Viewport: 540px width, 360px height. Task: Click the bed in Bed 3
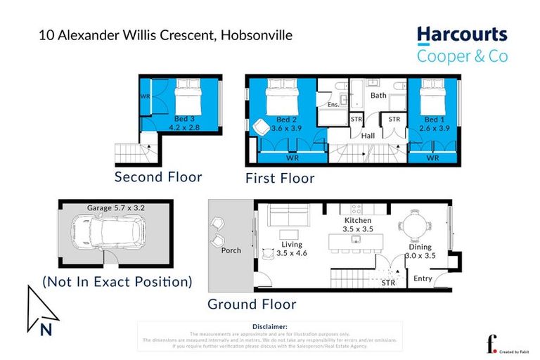click(186, 94)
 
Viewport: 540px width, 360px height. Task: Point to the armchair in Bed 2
click(259, 127)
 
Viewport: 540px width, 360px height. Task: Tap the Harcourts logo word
click(461, 35)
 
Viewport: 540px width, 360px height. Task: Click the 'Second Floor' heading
click(158, 176)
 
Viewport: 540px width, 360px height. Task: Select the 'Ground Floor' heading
click(252, 304)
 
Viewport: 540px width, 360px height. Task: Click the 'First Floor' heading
click(280, 178)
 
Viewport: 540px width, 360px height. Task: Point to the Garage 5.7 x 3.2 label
click(115, 208)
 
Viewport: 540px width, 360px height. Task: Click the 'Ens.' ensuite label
click(333, 105)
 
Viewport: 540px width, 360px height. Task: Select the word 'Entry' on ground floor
click(423, 278)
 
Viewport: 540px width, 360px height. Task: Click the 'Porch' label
click(231, 250)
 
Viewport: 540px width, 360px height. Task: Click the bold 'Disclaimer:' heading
click(270, 326)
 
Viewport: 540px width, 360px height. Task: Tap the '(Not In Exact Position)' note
click(117, 282)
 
